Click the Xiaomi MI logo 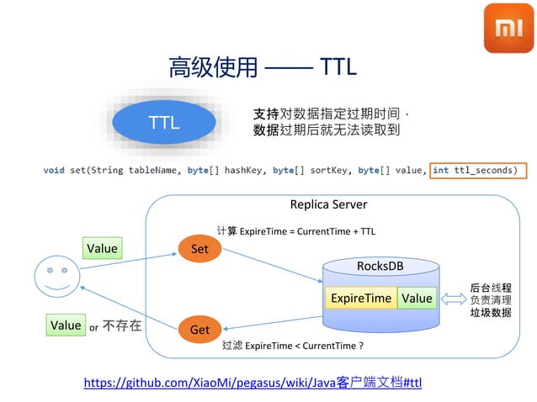[x=508, y=28]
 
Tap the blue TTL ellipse [x=164, y=123]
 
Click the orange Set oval [x=199, y=249]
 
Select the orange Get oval [x=199, y=330]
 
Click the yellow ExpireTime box [x=361, y=298]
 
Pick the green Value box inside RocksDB [x=417, y=298]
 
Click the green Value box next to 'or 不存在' [x=66, y=325]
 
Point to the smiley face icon [x=57, y=277]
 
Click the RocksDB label [x=380, y=266]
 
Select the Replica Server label [x=328, y=204]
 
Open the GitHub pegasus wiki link [x=253, y=383]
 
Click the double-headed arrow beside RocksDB [x=455, y=299]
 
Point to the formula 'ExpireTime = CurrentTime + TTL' [x=307, y=230]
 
